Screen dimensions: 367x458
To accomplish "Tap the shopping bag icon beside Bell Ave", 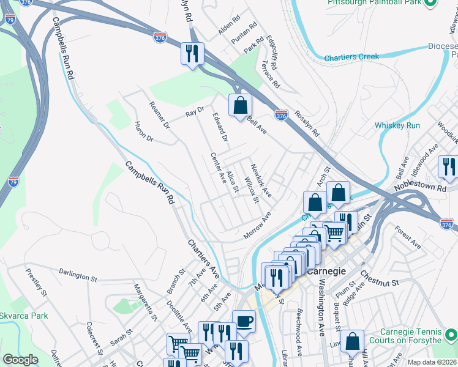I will [x=240, y=105].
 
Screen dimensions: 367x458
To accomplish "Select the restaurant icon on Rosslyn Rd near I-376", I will [x=192, y=53].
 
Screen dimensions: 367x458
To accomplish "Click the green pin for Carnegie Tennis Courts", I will [x=451, y=335].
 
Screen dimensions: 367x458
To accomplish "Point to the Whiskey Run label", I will [x=397, y=125].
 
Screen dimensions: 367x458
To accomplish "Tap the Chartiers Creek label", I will [x=351, y=57].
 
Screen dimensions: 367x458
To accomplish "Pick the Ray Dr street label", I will [x=194, y=114].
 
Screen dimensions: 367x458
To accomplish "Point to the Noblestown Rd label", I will [x=421, y=185].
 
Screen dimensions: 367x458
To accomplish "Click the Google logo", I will [x=20, y=360].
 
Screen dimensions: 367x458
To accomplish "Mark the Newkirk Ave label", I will [x=261, y=180].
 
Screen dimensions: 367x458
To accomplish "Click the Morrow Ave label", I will [x=257, y=226].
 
